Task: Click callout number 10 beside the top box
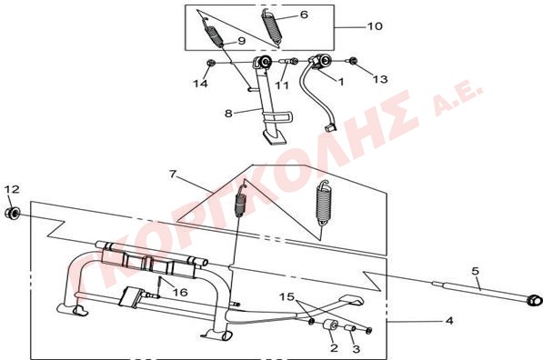pos(375,26)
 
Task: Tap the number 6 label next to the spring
pos(304,15)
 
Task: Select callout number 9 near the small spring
pos(241,41)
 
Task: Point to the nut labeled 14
pos(210,63)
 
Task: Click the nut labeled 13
pos(353,61)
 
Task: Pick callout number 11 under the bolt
pos(282,85)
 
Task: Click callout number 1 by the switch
pos(341,82)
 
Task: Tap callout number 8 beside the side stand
pos(228,114)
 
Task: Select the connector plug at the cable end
pos(330,127)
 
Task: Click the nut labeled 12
pos(13,213)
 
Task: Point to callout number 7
pos(173,174)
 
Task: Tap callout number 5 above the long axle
pos(476,271)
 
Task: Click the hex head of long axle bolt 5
pos(534,300)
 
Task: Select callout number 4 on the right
pos(449,321)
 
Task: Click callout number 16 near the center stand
pos(180,293)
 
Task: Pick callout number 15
pos(287,296)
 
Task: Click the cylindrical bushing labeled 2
pos(331,325)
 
